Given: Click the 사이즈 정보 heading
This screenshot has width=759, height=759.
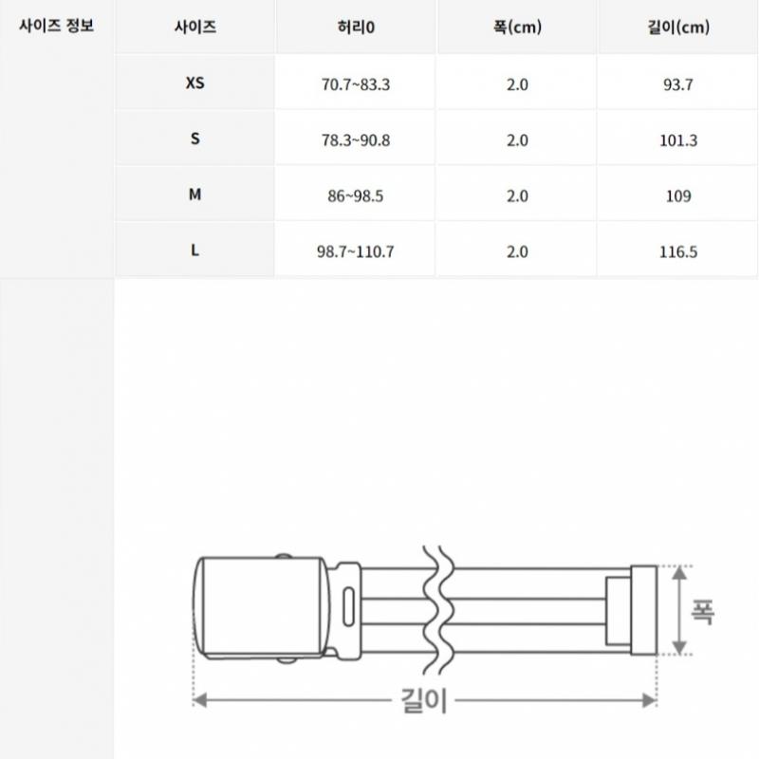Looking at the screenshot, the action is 56,26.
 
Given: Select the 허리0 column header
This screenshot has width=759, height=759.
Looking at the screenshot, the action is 356,27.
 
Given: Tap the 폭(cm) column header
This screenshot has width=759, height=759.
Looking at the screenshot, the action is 517,27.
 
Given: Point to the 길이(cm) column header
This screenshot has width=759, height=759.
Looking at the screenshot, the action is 678,27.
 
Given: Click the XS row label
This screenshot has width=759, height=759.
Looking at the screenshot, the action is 195,83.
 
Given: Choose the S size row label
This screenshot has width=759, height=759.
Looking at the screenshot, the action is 195,139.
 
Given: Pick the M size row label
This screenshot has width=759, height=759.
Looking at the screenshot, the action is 195,194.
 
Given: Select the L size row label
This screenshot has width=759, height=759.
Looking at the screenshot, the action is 194,250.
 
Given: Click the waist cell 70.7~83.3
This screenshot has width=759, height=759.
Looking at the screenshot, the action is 356,84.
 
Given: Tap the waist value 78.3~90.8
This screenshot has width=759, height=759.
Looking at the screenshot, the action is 356,140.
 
